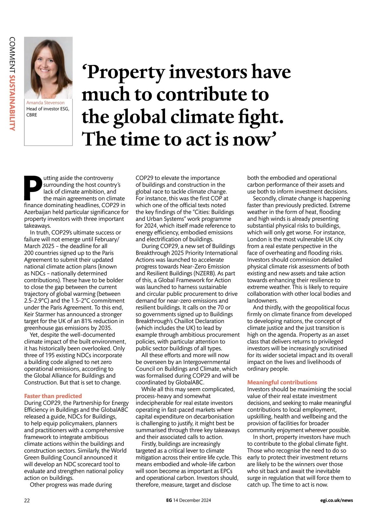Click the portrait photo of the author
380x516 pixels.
(x=48, y=67)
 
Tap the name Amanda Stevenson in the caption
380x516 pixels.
(x=45, y=103)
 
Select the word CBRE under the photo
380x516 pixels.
(x=32, y=115)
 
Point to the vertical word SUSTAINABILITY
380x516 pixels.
(x=12, y=102)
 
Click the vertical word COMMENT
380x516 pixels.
(x=12, y=54)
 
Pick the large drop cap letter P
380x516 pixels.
(x=33, y=188)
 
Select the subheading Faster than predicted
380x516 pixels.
(x=53, y=396)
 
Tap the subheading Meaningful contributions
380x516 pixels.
(x=282, y=382)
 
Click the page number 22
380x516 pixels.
(x=27, y=500)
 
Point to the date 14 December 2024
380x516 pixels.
(x=192, y=500)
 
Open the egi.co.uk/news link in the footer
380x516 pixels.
(x=336, y=500)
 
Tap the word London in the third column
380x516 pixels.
(x=258, y=239)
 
